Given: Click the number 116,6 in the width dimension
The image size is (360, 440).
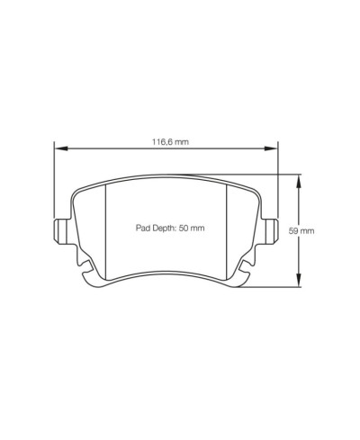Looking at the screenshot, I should tap(157, 141).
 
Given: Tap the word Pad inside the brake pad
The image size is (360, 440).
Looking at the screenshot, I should tap(142, 229).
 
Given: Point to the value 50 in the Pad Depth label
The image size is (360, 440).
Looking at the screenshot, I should tap(186, 229).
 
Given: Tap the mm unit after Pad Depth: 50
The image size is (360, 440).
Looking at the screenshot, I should tap(200, 229).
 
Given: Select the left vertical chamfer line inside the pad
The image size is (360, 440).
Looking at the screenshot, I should tap(106, 225).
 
